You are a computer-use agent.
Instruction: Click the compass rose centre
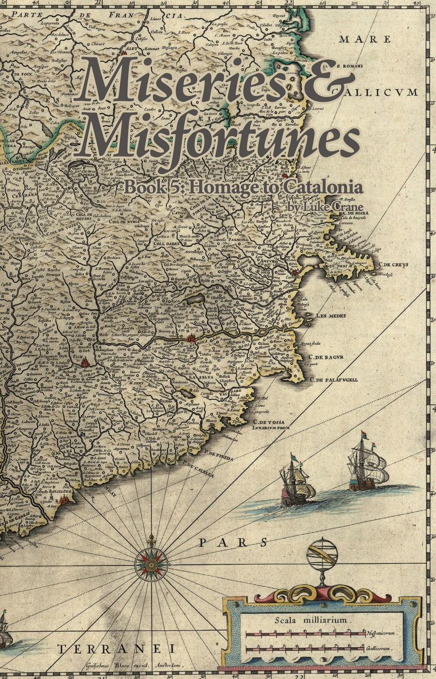tap(151, 564)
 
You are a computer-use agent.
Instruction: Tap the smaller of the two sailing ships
tap(297, 480)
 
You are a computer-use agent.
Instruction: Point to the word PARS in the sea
tap(232, 542)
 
